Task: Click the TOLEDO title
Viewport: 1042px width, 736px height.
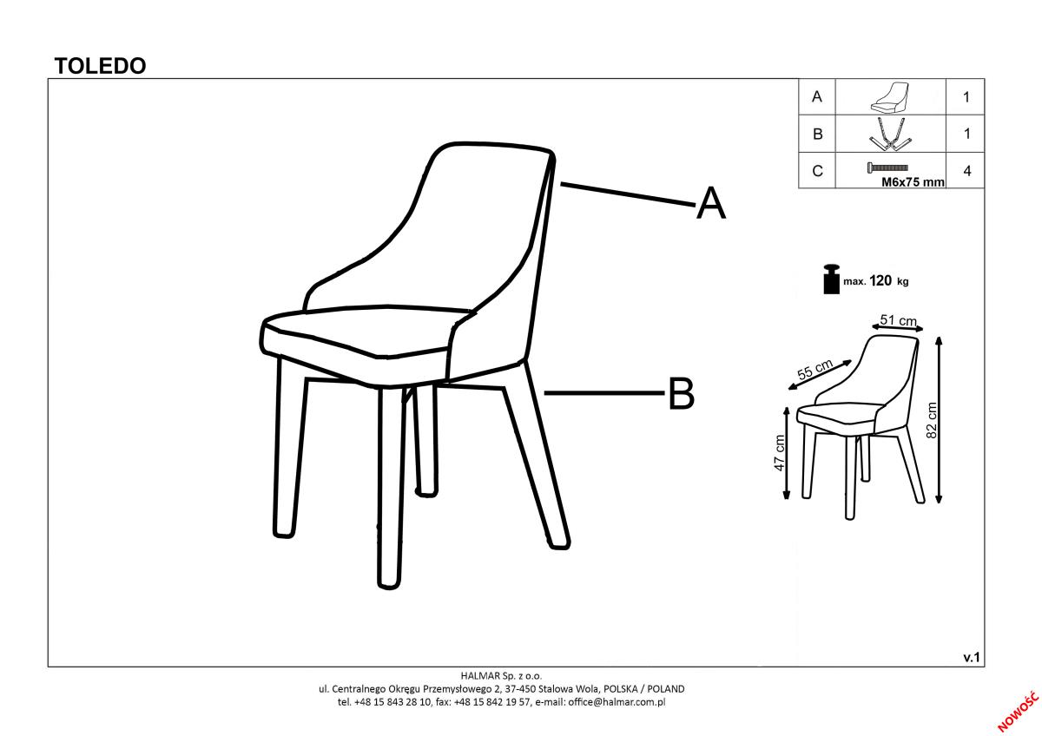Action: pos(100,66)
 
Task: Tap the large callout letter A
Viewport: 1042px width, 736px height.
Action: pos(711,203)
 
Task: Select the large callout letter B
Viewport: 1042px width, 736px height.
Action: pos(681,393)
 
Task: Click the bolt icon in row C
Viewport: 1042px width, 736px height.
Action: pos(887,168)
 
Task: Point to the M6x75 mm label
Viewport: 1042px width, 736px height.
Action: pos(913,181)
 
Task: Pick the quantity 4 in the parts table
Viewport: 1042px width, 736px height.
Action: pos(967,171)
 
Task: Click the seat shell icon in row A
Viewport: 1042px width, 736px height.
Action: pos(889,97)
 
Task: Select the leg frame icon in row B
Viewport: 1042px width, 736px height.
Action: pos(890,135)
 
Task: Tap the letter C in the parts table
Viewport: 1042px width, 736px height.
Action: pos(817,171)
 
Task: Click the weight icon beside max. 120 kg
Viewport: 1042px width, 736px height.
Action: pos(831,279)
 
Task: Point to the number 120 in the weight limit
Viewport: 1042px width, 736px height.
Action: pos(880,280)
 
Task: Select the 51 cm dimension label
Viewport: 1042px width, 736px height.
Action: pos(898,320)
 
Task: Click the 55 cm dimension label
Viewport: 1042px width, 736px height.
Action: pos(815,370)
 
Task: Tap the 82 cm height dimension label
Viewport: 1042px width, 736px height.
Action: pos(932,420)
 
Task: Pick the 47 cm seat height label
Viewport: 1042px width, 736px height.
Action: pos(780,452)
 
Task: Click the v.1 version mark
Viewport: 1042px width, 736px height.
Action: pos(972,657)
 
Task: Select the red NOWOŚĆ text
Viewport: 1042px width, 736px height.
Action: pos(1018,712)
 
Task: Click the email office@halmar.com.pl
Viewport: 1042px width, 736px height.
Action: pos(617,702)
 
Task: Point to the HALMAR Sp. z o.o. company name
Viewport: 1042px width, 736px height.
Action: pos(502,675)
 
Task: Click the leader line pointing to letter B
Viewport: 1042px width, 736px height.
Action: pos(604,393)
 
